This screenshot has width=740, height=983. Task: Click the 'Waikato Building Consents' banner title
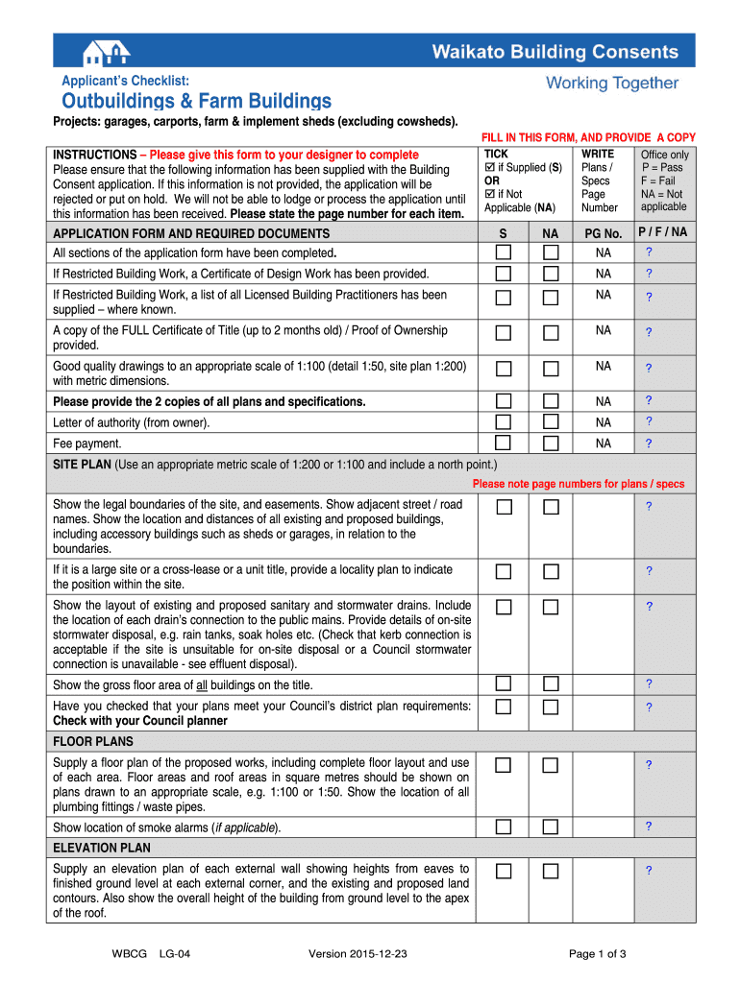(x=555, y=52)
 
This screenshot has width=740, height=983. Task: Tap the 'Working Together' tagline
(x=612, y=84)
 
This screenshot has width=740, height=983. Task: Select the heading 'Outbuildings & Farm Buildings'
(x=197, y=101)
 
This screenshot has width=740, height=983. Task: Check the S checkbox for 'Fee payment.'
(x=504, y=444)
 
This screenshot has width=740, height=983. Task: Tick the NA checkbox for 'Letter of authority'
(x=551, y=422)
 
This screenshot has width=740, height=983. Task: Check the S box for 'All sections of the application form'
(x=504, y=252)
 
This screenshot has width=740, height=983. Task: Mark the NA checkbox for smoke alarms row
(x=551, y=827)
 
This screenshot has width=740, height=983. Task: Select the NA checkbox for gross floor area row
(x=551, y=684)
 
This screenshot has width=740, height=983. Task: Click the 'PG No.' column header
(x=604, y=233)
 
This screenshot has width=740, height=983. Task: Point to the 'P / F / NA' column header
(x=663, y=232)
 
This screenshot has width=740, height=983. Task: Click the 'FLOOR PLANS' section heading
(x=93, y=742)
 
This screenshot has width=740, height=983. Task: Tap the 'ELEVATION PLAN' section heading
(x=102, y=849)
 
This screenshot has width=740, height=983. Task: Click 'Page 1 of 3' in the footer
(x=598, y=953)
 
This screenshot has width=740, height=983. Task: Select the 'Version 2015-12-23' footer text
(x=358, y=953)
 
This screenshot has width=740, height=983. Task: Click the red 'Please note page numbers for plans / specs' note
(x=579, y=484)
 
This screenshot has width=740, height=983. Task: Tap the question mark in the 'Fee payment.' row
(x=649, y=444)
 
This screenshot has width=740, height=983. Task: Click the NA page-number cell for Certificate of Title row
(x=604, y=330)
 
